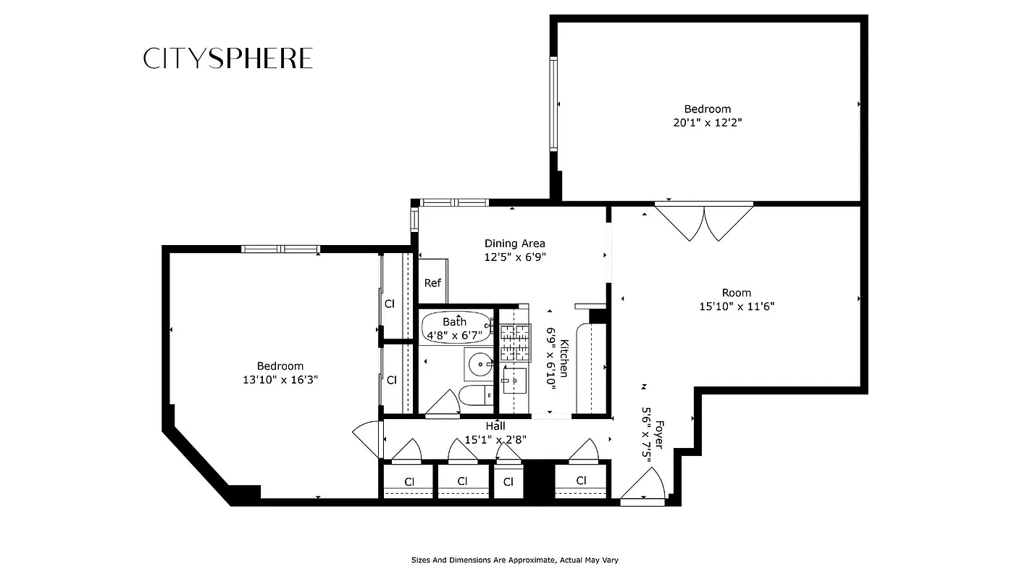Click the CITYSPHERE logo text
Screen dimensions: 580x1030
[228, 59]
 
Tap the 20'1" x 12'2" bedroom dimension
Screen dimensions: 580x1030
[707, 123]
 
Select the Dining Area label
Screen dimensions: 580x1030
[514, 244]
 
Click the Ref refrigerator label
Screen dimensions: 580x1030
[432, 283]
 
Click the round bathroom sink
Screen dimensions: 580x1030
[479, 364]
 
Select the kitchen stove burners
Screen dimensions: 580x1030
[516, 343]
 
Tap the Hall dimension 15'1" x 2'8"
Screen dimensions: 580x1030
[495, 439]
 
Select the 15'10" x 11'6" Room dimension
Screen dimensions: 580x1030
[736, 306]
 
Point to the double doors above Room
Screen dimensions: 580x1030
[704, 221]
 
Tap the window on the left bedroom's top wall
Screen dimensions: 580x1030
[281, 249]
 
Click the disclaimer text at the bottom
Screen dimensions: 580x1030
[514, 560]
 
